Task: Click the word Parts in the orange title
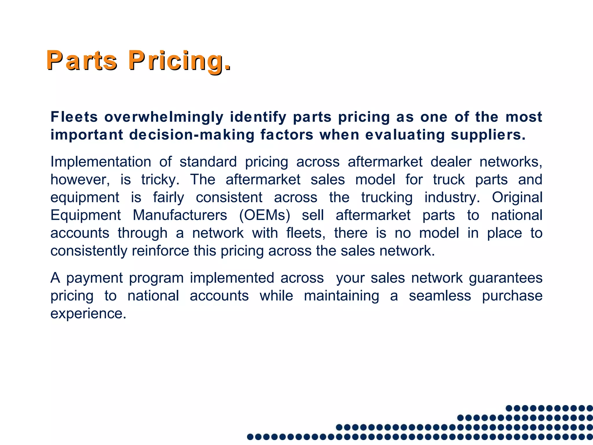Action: coord(82,61)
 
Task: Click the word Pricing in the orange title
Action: coord(180,61)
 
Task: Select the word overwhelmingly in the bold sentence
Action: coord(164,117)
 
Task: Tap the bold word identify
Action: coord(258,117)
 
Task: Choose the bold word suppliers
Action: coord(488,135)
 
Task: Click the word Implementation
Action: coord(101,162)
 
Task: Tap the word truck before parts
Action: coord(449,180)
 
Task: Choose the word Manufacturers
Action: coord(180,215)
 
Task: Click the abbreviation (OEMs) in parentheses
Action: coord(265,215)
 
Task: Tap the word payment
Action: coord(95,278)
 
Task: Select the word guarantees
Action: coord(506,278)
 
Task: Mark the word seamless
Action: coord(440,296)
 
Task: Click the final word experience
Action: coord(88,314)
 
